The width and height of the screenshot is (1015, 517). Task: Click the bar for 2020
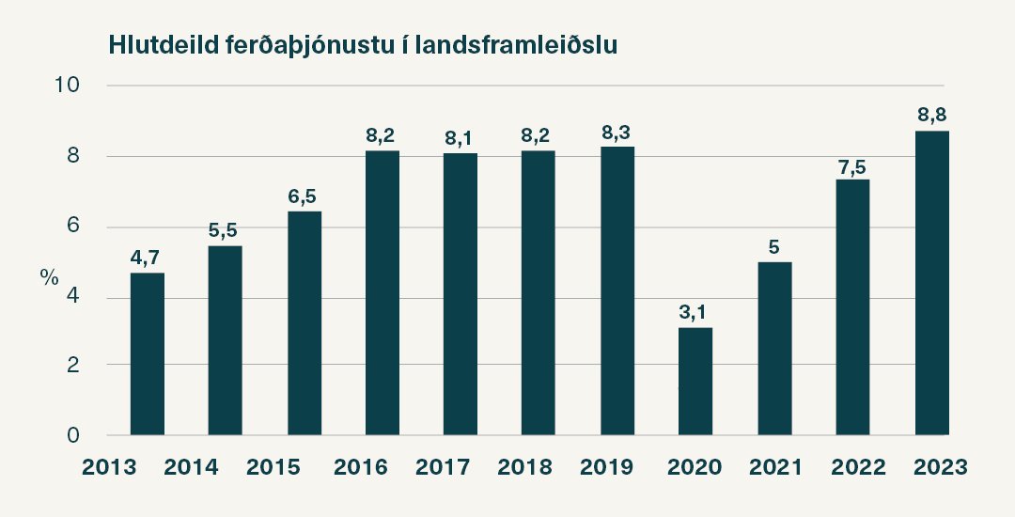click(695, 382)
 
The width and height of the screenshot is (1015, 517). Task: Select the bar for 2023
click(931, 283)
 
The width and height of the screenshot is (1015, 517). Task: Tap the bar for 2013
click(148, 354)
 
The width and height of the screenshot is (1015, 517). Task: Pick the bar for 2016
click(383, 292)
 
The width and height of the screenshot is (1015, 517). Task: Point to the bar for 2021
click(774, 349)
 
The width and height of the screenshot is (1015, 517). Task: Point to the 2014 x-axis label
click(191, 466)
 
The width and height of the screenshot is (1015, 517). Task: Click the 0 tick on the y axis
click(71, 436)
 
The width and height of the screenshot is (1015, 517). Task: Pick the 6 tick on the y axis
click(71, 227)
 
